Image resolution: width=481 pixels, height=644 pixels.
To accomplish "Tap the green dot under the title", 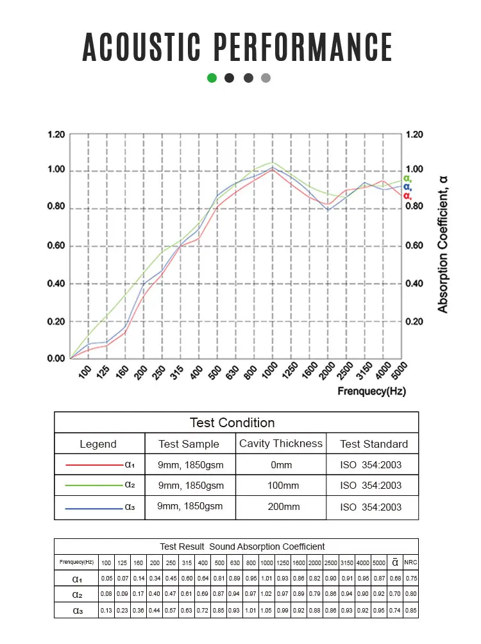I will [x=212, y=78].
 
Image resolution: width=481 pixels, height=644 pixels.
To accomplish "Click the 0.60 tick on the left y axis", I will [x=56, y=246].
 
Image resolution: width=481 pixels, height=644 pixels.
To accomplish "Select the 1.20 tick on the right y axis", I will [x=415, y=135].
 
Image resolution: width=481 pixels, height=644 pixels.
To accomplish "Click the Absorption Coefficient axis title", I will [x=443, y=244].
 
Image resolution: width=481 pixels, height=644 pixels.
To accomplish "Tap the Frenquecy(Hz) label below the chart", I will [x=371, y=391].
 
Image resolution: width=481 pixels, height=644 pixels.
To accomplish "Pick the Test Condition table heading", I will [x=232, y=423].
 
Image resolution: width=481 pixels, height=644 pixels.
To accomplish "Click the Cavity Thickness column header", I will [x=281, y=444].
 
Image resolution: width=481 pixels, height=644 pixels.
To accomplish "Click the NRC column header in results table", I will [x=410, y=563].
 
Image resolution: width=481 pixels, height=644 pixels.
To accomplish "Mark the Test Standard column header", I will [x=373, y=444].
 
